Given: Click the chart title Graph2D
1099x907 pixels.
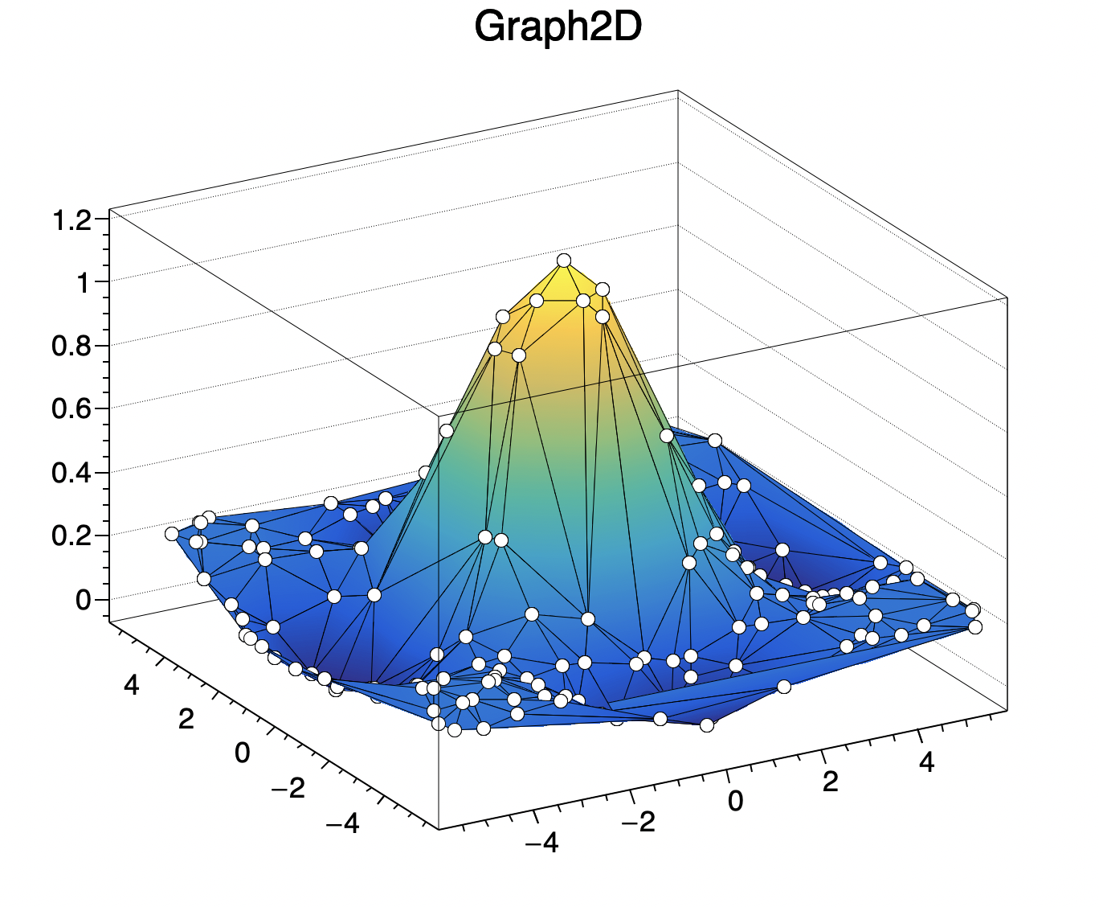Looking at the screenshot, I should tap(558, 28).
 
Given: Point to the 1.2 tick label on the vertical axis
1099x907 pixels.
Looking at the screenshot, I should tap(71, 220).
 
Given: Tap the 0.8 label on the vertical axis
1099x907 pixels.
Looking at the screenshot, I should tap(71, 346).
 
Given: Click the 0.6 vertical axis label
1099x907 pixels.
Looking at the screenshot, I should tap(71, 408).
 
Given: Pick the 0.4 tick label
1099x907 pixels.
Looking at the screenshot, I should tap(71, 472).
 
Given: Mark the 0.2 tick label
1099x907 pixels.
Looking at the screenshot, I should tap(71, 536).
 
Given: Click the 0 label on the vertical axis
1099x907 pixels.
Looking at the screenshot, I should tap(84, 600).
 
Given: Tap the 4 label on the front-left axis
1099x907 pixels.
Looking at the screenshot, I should tap(131, 686).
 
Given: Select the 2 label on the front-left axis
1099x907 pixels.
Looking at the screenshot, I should tap(186, 719).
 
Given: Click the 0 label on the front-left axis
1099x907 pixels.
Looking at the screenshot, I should tap(242, 753).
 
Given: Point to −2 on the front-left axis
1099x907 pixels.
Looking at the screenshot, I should tap(288, 789).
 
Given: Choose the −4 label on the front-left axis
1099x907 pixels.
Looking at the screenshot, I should tap(343, 823).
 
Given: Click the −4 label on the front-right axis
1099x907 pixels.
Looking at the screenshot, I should tap(541, 843).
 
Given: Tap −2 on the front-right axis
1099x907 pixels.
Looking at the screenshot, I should tap(637, 822).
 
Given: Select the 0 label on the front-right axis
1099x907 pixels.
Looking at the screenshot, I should tap(735, 801).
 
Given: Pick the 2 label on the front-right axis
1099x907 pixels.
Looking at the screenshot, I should tap(830, 781).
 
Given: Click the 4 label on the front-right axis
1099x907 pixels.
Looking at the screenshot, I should tap(926, 761).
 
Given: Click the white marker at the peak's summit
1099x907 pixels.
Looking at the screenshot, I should tap(564, 260).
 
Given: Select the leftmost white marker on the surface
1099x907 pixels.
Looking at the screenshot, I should tap(172, 534).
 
